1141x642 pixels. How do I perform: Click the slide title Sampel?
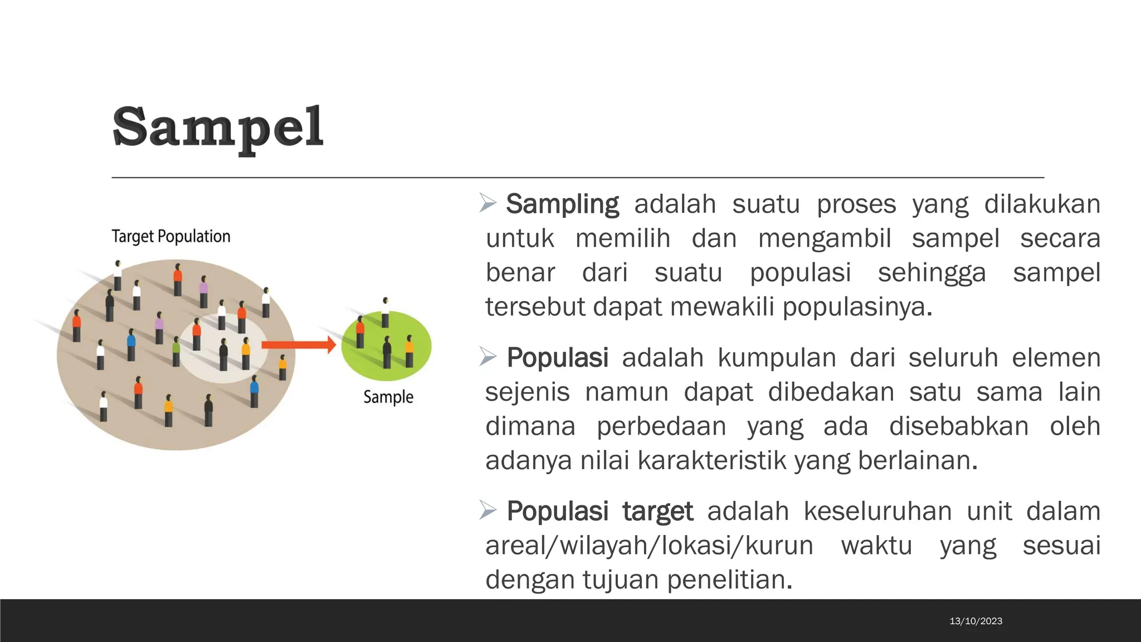pyautogui.click(x=217, y=128)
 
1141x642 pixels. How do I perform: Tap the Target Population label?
pyautogui.click(x=170, y=236)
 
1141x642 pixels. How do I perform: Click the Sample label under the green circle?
pyautogui.click(x=388, y=397)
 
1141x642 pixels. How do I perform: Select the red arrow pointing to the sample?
pyautogui.click(x=299, y=345)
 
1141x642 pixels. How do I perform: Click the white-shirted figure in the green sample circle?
pyautogui.click(x=385, y=313)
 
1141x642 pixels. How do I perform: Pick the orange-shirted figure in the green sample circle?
pyautogui.click(x=409, y=351)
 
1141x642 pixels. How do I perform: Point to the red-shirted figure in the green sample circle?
pyautogui.click(x=360, y=332)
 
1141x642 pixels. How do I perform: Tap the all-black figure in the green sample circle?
pyautogui.click(x=387, y=352)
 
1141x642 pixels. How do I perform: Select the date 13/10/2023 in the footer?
pyautogui.click(x=976, y=621)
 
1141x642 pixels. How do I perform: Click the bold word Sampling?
pyautogui.click(x=562, y=204)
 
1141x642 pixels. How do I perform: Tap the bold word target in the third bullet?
pyautogui.click(x=657, y=512)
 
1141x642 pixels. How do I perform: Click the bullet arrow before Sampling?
pyautogui.click(x=488, y=203)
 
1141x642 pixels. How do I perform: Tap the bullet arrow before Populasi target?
pyautogui.click(x=488, y=510)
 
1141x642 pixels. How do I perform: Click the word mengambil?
pyautogui.click(x=825, y=239)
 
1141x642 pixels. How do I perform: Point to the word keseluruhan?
pyautogui.click(x=877, y=512)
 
